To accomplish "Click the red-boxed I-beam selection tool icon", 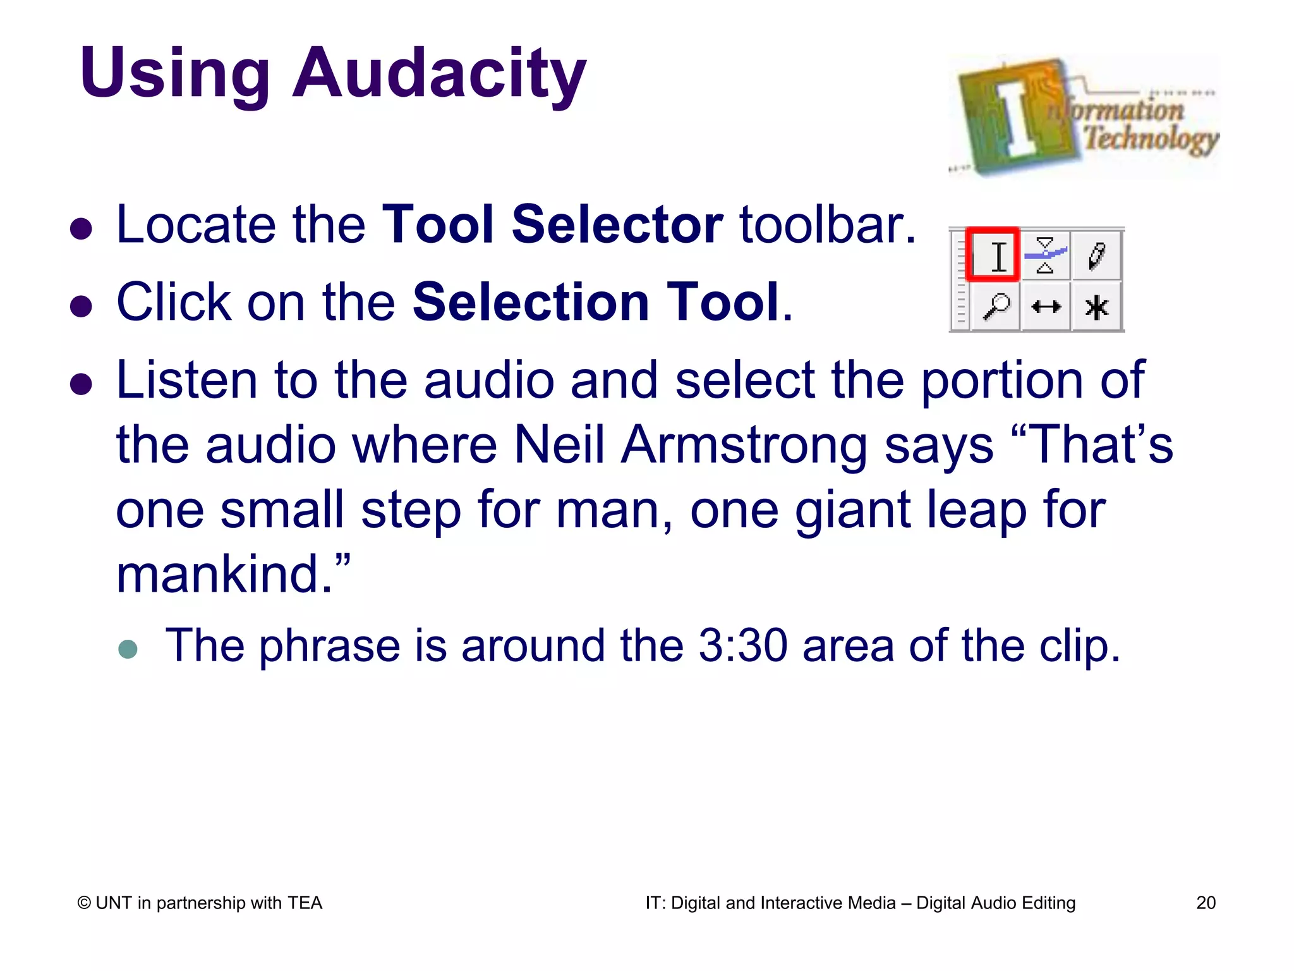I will (993, 255).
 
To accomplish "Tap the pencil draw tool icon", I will (1097, 255).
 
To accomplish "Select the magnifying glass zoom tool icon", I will (996, 307).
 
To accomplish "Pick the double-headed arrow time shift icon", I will (1046, 307).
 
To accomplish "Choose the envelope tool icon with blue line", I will (1046, 255).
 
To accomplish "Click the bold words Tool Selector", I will (553, 224).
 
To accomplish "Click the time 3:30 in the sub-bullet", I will (743, 645).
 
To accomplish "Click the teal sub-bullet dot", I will (128, 649).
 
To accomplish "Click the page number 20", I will (1206, 903).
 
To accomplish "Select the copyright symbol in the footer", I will (84, 903).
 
